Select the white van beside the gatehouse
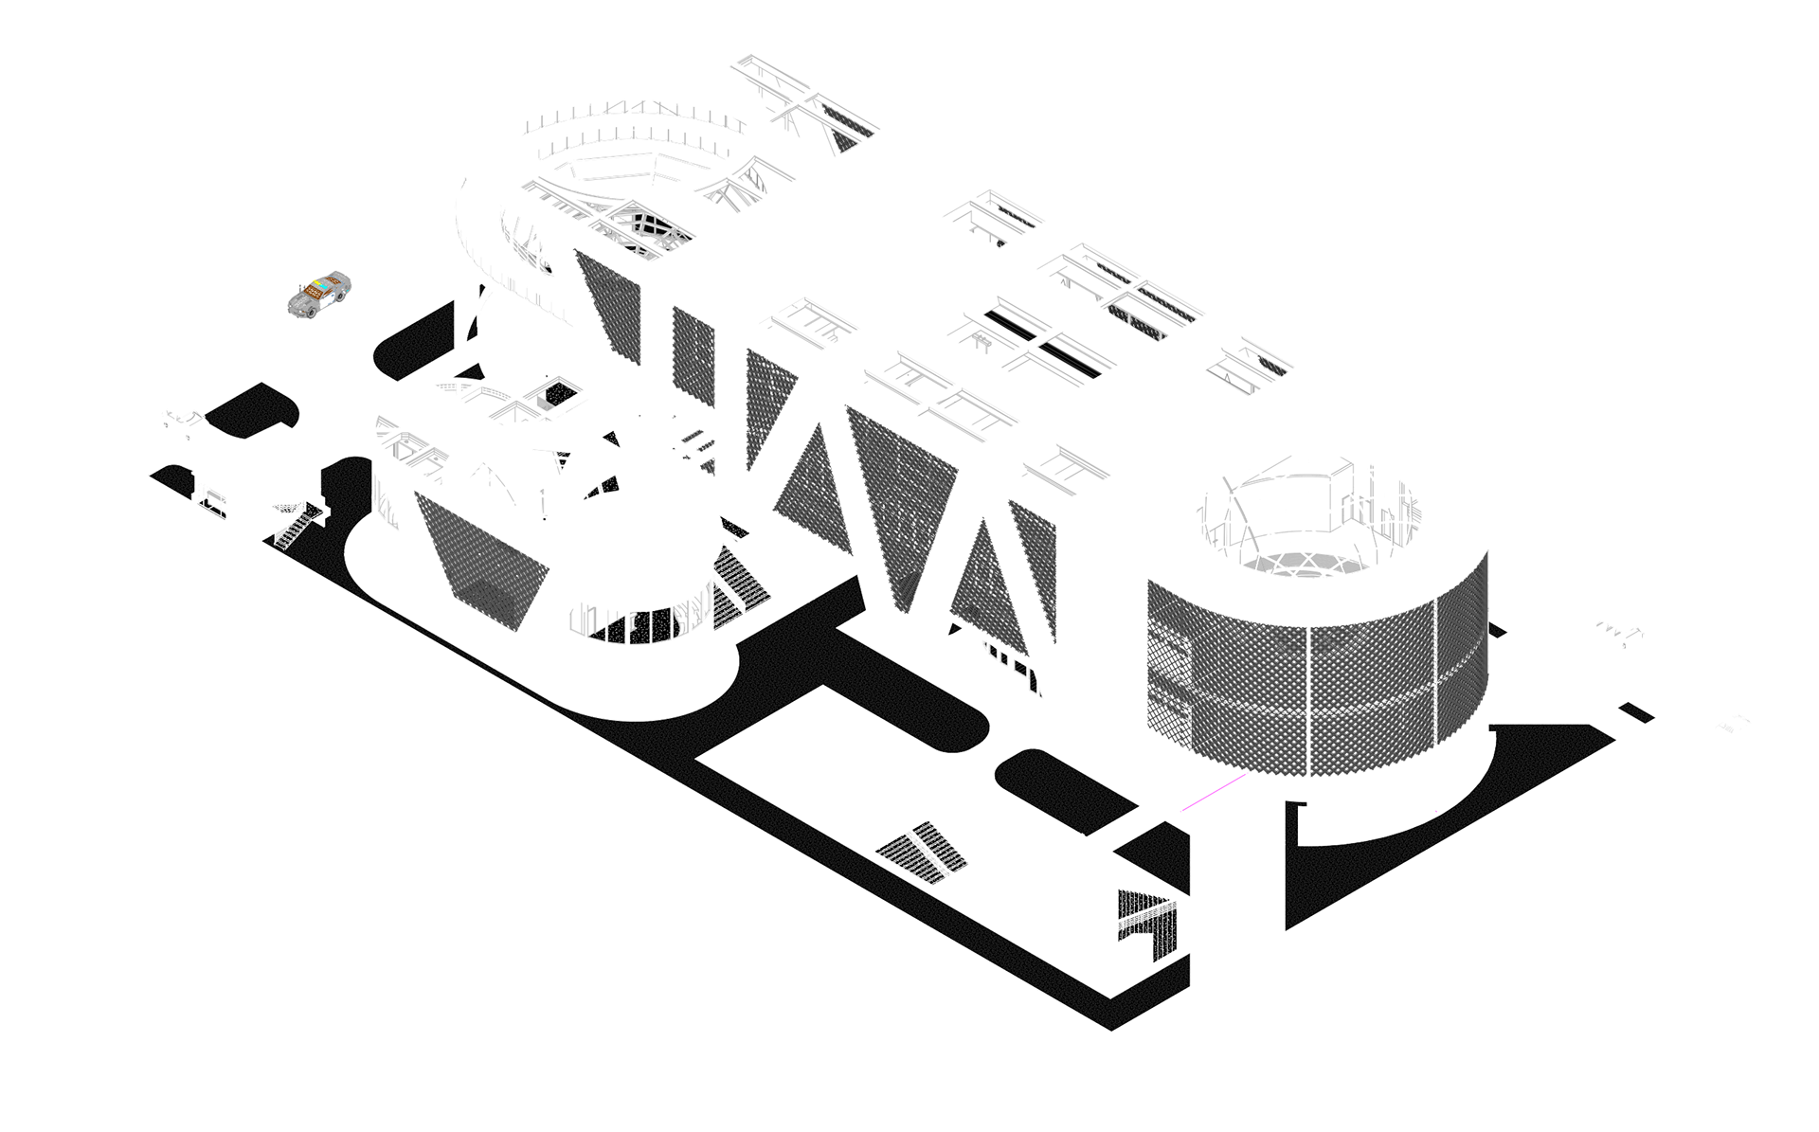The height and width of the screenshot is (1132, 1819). pyautogui.click(x=185, y=418)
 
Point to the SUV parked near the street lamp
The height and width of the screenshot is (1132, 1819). pyautogui.click(x=1611, y=630)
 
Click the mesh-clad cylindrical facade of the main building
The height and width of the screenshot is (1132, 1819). pyautogui.click(x=1317, y=682)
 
